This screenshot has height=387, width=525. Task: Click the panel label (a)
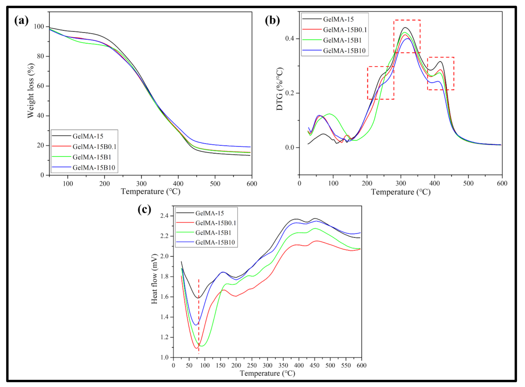tap(21, 21)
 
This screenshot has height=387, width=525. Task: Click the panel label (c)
tap(144, 209)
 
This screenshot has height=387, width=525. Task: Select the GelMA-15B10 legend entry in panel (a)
tap(94, 168)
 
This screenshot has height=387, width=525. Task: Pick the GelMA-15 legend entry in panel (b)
tap(338, 19)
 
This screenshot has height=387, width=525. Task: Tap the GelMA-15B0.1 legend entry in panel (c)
tap(215, 223)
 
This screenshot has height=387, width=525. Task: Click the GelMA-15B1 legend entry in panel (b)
tap(342, 40)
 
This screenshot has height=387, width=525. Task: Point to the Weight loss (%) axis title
tap(31, 90)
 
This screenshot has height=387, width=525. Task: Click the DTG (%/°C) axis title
tap(279, 89)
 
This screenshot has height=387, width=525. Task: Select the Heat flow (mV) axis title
tap(154, 279)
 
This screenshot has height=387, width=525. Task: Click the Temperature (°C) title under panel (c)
tap(267, 373)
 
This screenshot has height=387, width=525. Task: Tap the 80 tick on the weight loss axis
tap(41, 56)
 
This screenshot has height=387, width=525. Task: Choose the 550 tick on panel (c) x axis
tap(346, 365)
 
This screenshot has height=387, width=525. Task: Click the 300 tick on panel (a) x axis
tap(141, 184)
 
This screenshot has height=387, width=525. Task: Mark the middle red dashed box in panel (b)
tap(407, 36)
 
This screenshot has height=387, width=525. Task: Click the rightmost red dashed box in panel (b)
tap(441, 74)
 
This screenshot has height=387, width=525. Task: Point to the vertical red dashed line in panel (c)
tap(199, 315)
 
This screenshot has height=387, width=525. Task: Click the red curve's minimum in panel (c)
tap(196, 348)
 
